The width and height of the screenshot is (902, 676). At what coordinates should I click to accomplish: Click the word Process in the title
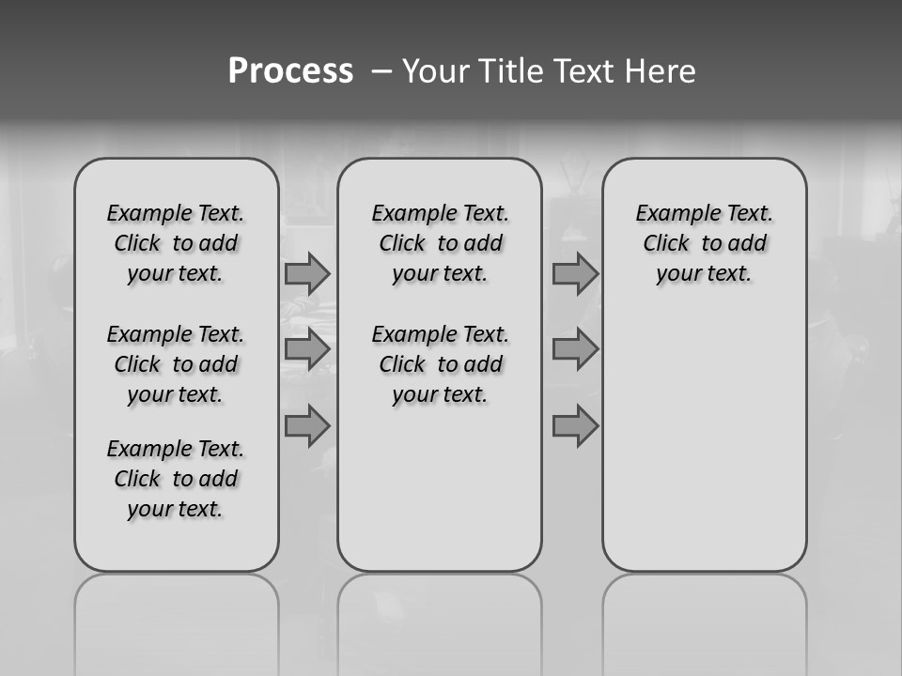pyautogui.click(x=290, y=71)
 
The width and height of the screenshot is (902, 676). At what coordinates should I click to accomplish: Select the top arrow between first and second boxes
pyautogui.click(x=307, y=273)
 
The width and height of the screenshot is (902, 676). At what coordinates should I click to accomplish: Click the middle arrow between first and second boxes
pyautogui.click(x=307, y=349)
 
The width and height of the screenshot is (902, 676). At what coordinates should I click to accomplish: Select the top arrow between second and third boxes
pyautogui.click(x=575, y=273)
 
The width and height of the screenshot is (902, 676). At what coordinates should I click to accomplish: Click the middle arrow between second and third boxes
pyautogui.click(x=575, y=349)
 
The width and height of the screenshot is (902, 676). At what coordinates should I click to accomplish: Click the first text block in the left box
pyautogui.click(x=176, y=243)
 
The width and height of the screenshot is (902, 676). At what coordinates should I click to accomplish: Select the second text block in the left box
pyautogui.click(x=176, y=364)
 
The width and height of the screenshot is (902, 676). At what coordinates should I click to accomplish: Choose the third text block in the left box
pyautogui.click(x=176, y=479)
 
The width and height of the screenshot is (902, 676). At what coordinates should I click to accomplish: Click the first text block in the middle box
pyautogui.click(x=440, y=243)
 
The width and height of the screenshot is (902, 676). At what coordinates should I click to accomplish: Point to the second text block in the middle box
pyautogui.click(x=440, y=364)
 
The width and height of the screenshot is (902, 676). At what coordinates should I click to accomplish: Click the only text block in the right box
pyautogui.click(x=704, y=243)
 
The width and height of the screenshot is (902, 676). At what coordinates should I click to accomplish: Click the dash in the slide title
pyautogui.click(x=381, y=72)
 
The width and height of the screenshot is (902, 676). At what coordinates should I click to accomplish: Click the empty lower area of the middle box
pyautogui.click(x=440, y=488)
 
